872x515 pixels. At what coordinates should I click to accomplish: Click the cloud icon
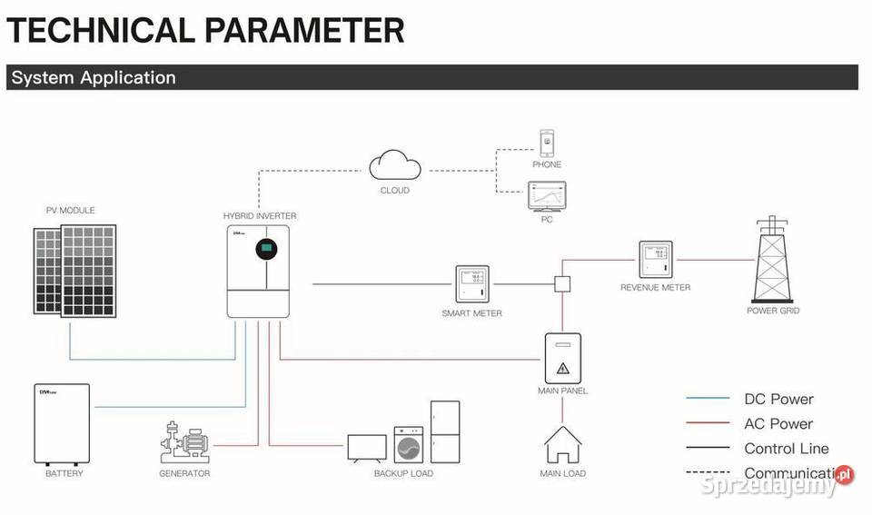395,167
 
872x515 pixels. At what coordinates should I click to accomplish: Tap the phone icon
547,144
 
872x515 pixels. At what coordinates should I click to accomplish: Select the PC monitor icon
547,196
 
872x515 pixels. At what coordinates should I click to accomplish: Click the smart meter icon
471,285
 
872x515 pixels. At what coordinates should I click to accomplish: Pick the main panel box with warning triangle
562,359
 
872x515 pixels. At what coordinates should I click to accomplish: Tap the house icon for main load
562,445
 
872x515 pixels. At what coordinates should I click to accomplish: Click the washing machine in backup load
409,446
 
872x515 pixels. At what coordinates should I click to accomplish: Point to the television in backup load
368,448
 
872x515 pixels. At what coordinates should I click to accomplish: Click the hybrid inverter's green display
266,247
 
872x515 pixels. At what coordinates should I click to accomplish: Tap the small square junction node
562,284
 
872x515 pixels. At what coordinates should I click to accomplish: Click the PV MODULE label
70,211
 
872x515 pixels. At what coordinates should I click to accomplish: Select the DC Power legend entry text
778,399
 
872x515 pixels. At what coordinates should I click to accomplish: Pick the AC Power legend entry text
778,423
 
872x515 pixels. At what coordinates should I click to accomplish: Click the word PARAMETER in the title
304,30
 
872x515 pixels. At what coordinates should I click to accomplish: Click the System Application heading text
93,77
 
